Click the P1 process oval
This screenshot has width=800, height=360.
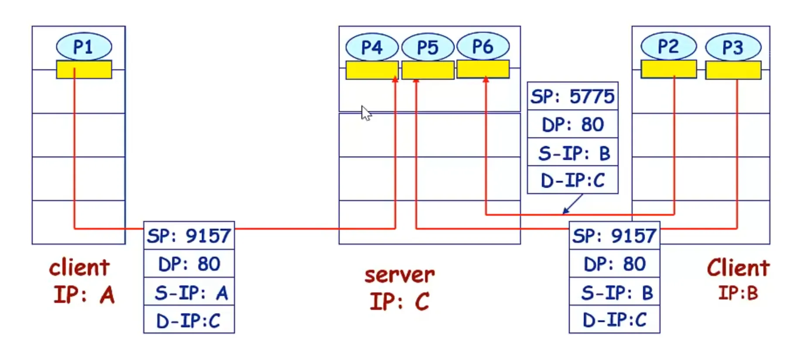coord(84,46)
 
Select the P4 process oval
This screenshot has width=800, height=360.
coord(371,47)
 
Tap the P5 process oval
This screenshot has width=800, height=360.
coord(427,47)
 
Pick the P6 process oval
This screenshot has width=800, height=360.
coord(483,46)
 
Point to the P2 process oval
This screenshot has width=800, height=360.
coord(668,46)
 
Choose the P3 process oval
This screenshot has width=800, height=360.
coord(733,47)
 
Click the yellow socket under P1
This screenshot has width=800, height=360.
coord(84,70)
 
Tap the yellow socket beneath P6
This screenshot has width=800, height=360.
coord(483,69)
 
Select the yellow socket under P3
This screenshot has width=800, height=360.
coord(733,70)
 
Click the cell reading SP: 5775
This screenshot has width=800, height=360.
coord(572,96)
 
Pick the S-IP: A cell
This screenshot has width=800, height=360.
coord(189,292)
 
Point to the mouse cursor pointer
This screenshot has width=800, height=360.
coord(365,112)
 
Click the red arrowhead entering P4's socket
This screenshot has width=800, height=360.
coord(395,79)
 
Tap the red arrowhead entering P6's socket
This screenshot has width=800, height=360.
coord(486,79)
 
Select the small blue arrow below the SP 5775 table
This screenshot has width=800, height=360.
coord(572,204)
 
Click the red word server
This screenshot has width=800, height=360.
coord(399,275)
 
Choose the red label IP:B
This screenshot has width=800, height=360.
coord(738,293)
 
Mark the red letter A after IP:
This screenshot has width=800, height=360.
coord(107,295)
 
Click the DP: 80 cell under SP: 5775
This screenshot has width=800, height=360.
coord(572,125)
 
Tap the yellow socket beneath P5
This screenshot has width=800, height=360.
coord(427,70)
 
